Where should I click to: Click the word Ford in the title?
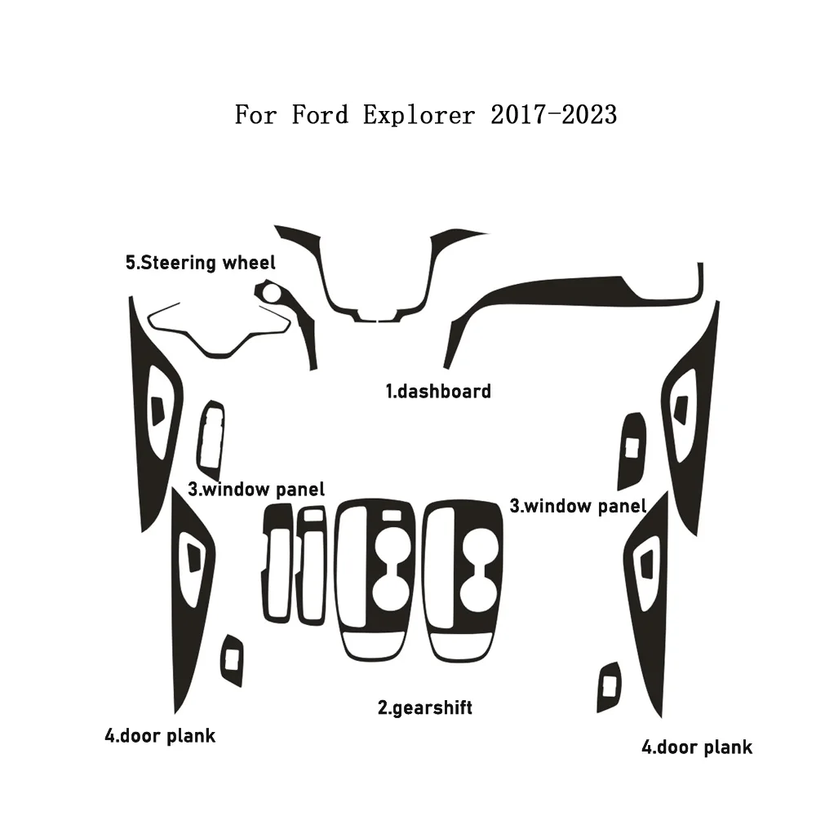320,114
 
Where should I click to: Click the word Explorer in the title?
419,116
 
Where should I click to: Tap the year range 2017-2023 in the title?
554,114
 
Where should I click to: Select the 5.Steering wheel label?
201,263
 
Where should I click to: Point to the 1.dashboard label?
438,392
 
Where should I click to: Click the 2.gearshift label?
425,708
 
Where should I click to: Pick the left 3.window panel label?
256,490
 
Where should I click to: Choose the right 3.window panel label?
578,507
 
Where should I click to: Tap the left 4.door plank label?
160,736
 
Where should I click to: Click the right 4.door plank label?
697,747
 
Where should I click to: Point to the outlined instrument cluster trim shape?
218,354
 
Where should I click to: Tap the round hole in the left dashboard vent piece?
271,293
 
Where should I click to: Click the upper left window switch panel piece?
211,441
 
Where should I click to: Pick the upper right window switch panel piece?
632,450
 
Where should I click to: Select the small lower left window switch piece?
232,660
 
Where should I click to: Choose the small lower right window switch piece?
609,687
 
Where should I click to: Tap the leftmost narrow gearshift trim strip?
277,564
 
